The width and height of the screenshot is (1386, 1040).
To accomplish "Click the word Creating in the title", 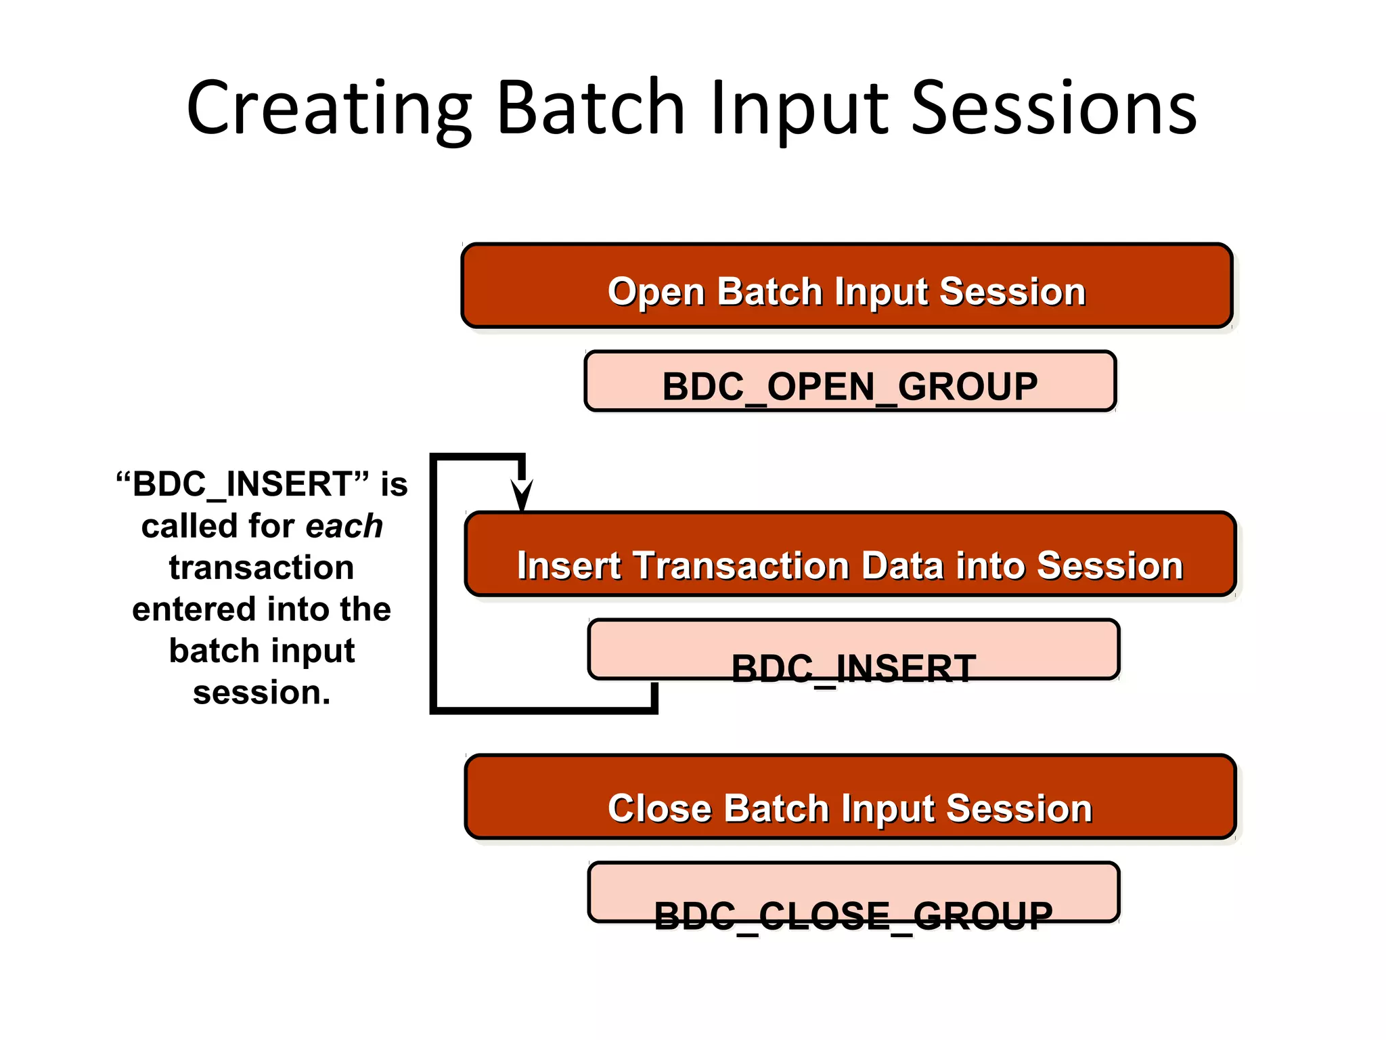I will tap(329, 108).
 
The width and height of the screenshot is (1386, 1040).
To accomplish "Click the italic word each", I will tap(344, 526).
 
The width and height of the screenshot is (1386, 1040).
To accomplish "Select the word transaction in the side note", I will tap(261, 567).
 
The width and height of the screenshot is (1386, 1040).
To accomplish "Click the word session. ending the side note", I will tap(261, 693).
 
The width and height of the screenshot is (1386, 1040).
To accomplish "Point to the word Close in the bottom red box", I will tap(660, 808).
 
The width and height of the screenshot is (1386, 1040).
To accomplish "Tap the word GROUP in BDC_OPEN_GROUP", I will tap(968, 387).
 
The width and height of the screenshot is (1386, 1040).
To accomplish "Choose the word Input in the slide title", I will tap(799, 108).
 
